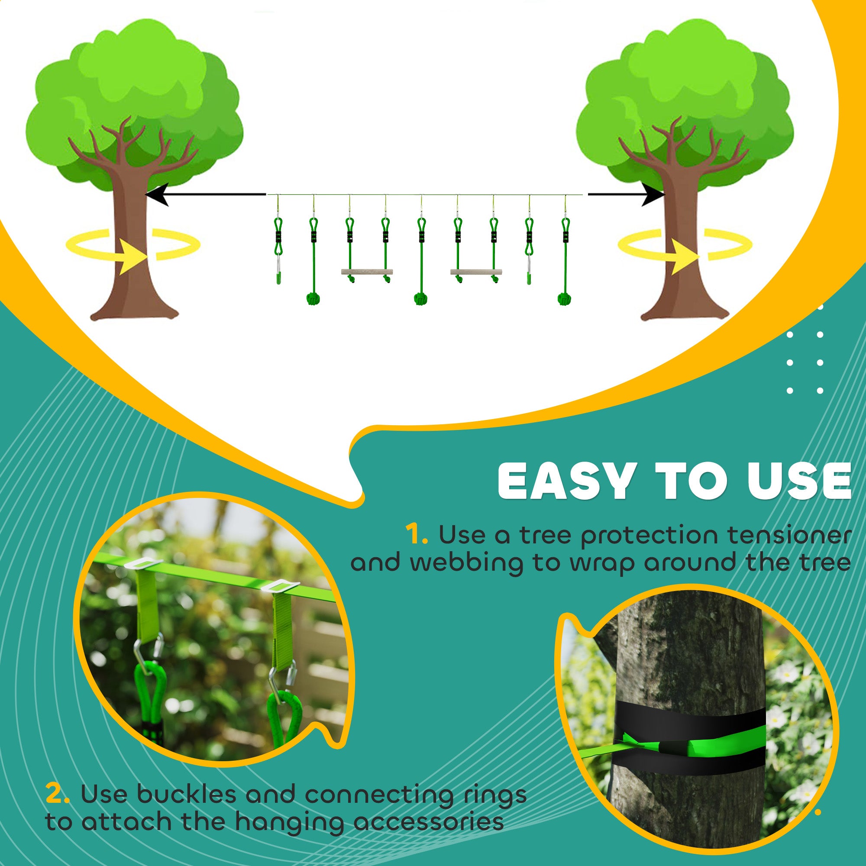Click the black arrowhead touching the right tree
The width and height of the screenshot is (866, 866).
(653, 194)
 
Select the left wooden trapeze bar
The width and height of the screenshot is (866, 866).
(367, 271)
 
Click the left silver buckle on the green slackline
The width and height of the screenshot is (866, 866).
(143, 563)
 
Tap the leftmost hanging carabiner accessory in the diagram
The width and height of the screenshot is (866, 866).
(278, 260)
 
